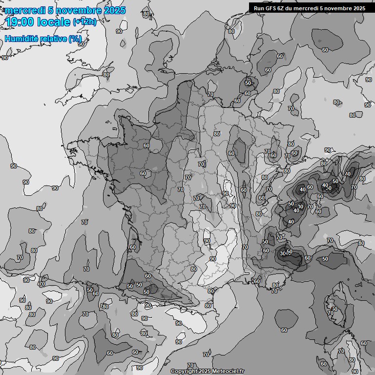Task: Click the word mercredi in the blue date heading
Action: tap(22, 10)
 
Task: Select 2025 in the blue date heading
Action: tap(114, 10)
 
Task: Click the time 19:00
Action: tap(18, 22)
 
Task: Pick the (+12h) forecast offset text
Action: tap(84, 22)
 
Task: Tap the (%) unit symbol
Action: tap(75, 39)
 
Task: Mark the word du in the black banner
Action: tap(292, 8)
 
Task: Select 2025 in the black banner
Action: tap(358, 8)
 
